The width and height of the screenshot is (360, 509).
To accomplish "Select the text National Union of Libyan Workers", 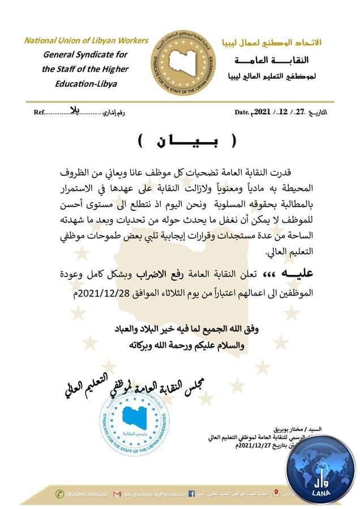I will [x=86, y=41].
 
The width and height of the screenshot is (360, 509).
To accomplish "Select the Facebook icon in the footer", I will [x=191, y=494].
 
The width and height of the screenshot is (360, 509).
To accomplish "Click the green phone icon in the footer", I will [x=59, y=494].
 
